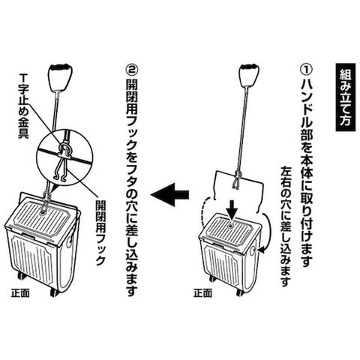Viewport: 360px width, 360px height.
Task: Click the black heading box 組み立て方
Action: [x=346, y=97]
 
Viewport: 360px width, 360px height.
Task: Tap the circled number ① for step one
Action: [x=306, y=70]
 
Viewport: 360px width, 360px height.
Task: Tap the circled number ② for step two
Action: [x=131, y=70]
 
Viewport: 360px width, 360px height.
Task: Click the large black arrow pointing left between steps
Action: [x=169, y=194]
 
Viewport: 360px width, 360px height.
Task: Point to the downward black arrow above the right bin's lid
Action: [x=233, y=210]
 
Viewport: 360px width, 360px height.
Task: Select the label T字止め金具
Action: [x=24, y=106]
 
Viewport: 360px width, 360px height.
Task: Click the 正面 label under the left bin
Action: [x=20, y=293]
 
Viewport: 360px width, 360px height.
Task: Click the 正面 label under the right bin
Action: [x=202, y=293]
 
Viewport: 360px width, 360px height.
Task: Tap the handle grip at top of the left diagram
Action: [x=60, y=77]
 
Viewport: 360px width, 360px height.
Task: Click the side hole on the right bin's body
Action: [x=252, y=250]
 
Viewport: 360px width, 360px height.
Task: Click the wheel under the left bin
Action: [x=54, y=292]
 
